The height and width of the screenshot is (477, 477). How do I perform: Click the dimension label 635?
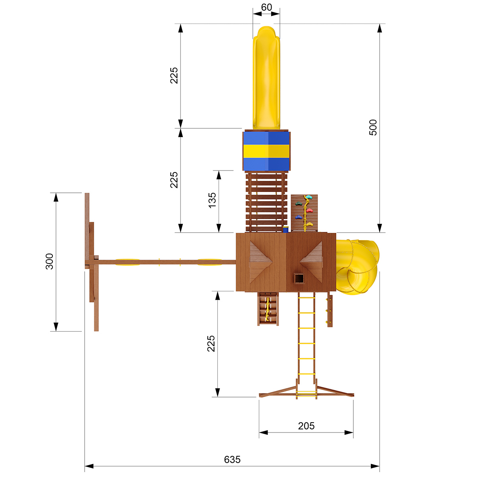point(232,460)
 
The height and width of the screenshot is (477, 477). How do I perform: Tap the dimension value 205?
point(306,426)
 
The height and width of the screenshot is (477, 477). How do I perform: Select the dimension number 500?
point(373,128)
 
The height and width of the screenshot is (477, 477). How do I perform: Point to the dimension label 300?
point(49,262)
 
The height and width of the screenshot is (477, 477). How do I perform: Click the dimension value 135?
point(212,200)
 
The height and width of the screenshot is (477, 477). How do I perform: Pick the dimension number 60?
point(266,7)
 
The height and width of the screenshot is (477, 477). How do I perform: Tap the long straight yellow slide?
point(266,78)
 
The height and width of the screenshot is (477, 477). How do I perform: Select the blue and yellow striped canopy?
point(266,151)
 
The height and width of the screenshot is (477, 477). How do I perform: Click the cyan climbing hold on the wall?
point(308,197)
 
